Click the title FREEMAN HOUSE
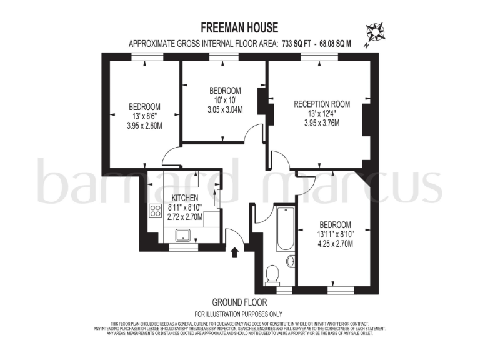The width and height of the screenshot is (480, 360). (239, 27)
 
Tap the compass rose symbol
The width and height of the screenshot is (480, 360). (376, 31)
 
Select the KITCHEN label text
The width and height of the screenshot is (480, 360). (185, 197)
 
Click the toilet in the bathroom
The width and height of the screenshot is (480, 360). (272, 273)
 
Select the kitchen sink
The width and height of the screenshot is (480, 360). (184, 236)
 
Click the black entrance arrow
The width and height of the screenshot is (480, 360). (235, 252)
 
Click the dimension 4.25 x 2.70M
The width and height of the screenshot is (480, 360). (335, 244)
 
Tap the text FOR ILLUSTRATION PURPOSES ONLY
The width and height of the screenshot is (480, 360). (239, 314)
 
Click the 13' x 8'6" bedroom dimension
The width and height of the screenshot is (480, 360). (145, 116)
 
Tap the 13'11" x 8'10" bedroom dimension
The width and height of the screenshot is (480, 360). (335, 234)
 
